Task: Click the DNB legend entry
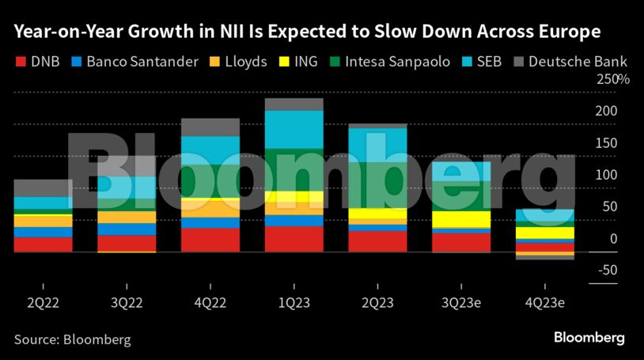[x=39, y=61]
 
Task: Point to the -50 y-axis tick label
[x=607, y=270]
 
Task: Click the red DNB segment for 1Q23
[x=294, y=239]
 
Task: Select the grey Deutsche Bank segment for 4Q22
[x=210, y=127]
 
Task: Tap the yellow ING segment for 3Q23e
[x=462, y=219]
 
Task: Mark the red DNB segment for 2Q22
[x=43, y=244]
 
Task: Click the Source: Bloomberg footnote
[x=72, y=339]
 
